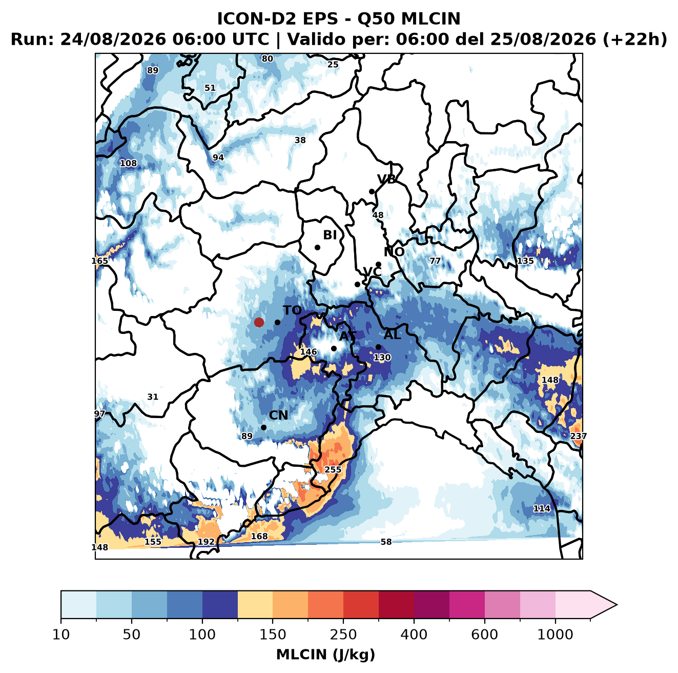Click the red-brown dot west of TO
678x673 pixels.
click(x=259, y=322)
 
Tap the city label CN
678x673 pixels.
click(x=278, y=415)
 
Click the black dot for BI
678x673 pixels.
click(x=317, y=247)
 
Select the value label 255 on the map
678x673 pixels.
click(x=333, y=469)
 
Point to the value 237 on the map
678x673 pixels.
click(x=578, y=436)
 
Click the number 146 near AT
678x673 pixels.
click(x=308, y=351)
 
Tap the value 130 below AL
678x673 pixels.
click(x=382, y=358)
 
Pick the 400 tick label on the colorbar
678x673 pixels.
click(x=414, y=635)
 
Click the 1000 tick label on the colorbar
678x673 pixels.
click(x=555, y=635)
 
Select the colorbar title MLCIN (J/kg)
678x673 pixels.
click(x=325, y=655)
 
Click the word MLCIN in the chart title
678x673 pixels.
click(x=430, y=19)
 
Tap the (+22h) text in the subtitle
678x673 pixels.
click(x=634, y=39)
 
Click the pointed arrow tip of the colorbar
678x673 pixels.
click(x=617, y=605)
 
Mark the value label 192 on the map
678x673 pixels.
click(x=206, y=542)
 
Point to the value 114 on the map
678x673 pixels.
click(x=542, y=508)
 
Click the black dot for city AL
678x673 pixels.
click(x=378, y=347)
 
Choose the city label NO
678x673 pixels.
click(x=394, y=252)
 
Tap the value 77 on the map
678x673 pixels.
click(x=435, y=261)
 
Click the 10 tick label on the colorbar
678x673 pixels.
click(x=61, y=635)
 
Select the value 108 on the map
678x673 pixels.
click(x=128, y=164)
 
